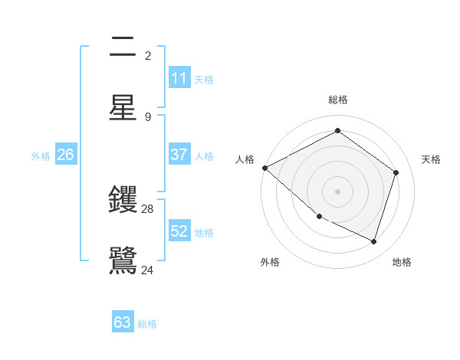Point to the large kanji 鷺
(x=123, y=259)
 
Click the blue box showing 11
(x=179, y=78)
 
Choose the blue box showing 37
(x=179, y=155)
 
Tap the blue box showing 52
(x=179, y=231)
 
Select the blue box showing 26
(x=66, y=155)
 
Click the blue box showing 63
(x=123, y=322)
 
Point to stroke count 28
(x=148, y=209)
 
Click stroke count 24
(x=148, y=270)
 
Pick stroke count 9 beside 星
(x=148, y=116)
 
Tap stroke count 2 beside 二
(x=148, y=56)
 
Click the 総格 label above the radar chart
(x=338, y=100)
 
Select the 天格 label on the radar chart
(x=431, y=159)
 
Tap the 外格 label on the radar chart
(x=270, y=262)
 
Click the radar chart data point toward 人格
(x=264, y=167)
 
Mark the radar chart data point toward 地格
(x=373, y=241)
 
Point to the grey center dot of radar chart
(x=337, y=191)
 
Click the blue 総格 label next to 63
(x=147, y=324)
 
